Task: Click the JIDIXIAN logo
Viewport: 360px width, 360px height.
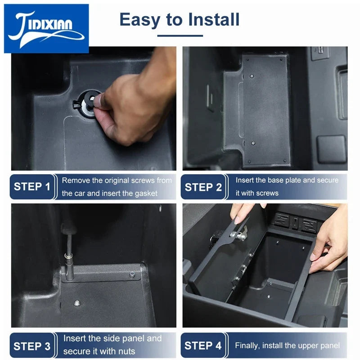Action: pyautogui.click(x=46, y=29)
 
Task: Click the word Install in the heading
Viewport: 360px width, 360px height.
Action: pyautogui.click(x=213, y=19)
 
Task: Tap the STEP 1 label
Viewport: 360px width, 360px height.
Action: pyautogui.click(x=32, y=187)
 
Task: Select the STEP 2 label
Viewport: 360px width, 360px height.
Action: pyautogui.click(x=203, y=187)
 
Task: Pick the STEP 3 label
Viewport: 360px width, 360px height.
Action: pyautogui.click(x=32, y=346)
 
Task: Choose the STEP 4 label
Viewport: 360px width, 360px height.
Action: pyautogui.click(x=203, y=346)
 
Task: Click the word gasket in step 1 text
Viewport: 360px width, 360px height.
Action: pyautogui.click(x=146, y=193)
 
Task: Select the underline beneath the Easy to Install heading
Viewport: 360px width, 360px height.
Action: pyautogui.click(x=180, y=36)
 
